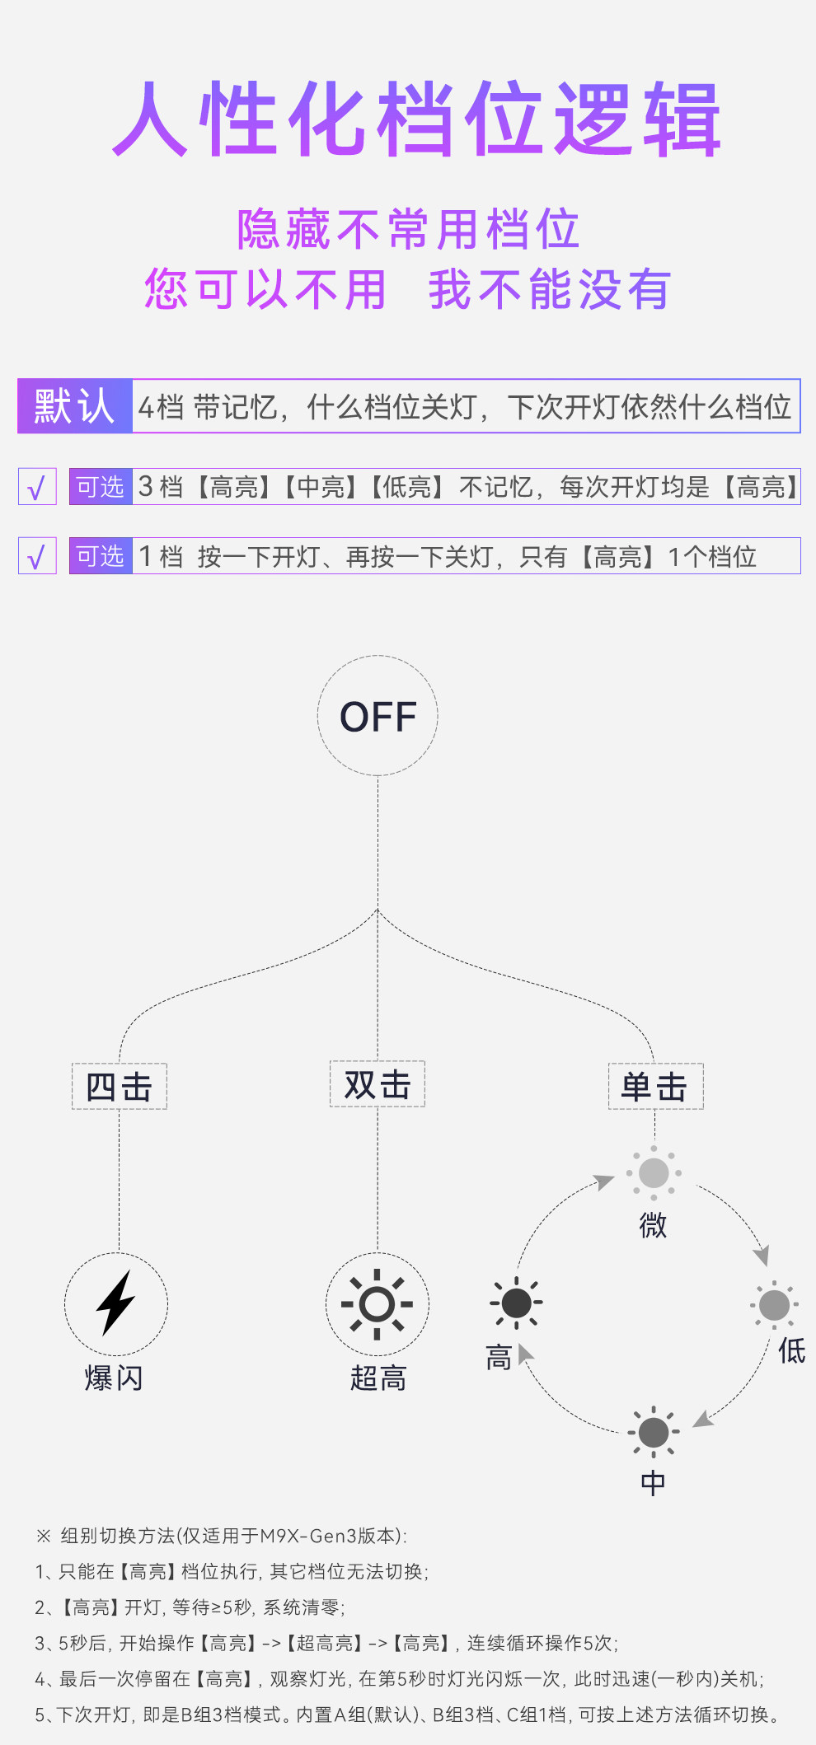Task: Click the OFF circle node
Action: tap(378, 715)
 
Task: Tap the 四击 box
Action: tap(120, 1086)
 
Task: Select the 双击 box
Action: tap(378, 1083)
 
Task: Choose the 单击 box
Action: tap(655, 1086)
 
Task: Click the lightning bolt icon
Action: tap(116, 1303)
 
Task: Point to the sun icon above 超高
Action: tap(378, 1303)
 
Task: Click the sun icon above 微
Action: tap(654, 1172)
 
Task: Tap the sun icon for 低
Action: tap(774, 1304)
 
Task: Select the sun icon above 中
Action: tap(654, 1432)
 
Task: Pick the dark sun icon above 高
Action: tap(516, 1303)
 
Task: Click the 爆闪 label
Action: tap(114, 1378)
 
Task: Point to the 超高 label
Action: tap(378, 1378)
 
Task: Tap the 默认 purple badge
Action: tap(75, 406)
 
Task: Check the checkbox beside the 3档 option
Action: tap(37, 487)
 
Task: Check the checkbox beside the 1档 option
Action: tap(37, 556)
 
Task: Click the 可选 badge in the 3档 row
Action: tap(101, 487)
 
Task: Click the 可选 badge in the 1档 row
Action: tap(101, 556)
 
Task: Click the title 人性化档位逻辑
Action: tap(416, 119)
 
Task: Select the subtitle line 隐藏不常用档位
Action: tap(408, 229)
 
